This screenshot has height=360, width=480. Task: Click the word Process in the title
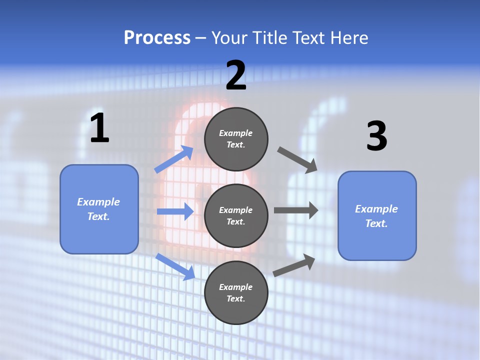[157, 38]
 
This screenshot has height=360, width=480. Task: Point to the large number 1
[99, 128]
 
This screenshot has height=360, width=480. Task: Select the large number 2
[236, 75]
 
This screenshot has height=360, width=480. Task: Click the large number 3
[376, 136]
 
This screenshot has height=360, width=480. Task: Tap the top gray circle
[236, 139]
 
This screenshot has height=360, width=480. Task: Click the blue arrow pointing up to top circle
[174, 159]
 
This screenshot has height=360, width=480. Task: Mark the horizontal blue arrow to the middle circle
[175, 211]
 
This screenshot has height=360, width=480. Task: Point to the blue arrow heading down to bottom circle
[175, 266]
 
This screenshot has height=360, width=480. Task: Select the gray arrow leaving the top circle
[297, 160]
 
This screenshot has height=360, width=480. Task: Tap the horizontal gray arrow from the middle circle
[295, 210]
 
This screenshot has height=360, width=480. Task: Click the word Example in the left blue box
[98, 202]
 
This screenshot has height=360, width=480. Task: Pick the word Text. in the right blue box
[376, 223]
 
